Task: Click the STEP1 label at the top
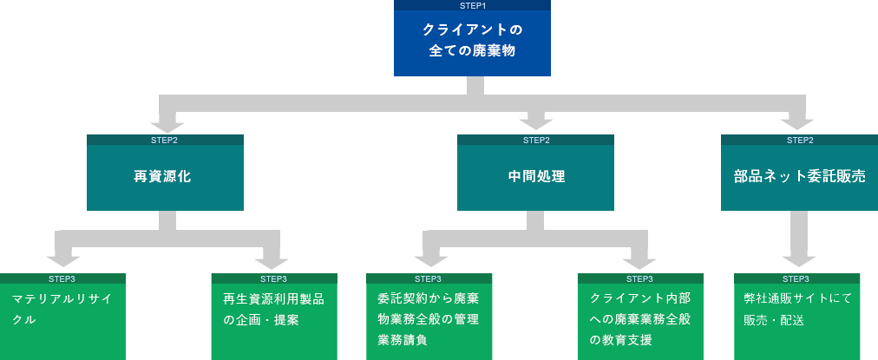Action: [472, 5]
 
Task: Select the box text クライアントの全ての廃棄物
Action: [472, 41]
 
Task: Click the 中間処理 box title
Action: [535, 176]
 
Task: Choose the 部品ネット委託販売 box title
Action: [799, 176]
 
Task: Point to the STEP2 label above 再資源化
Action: [164, 140]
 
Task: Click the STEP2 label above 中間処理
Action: [535, 140]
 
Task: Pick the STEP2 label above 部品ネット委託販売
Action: [799, 140]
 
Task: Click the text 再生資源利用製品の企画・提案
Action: [273, 309]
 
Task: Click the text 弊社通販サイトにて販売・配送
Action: [797, 309]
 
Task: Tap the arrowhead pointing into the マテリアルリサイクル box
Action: [62, 259]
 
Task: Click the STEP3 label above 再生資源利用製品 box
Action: [273, 278]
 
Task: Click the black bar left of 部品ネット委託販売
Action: [717, 176]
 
